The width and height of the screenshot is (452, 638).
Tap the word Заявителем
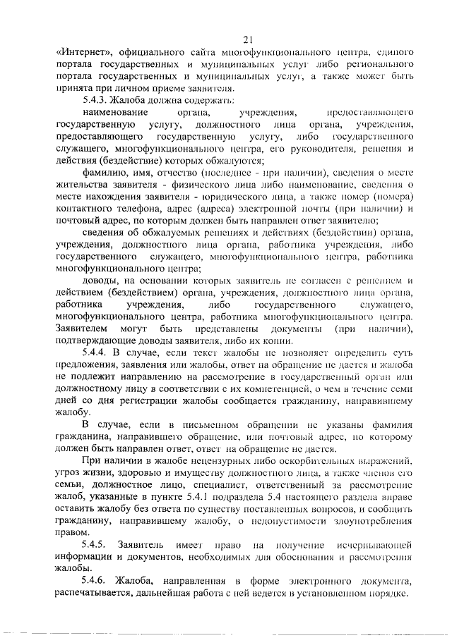[81, 329]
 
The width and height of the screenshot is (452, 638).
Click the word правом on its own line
[73, 533]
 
